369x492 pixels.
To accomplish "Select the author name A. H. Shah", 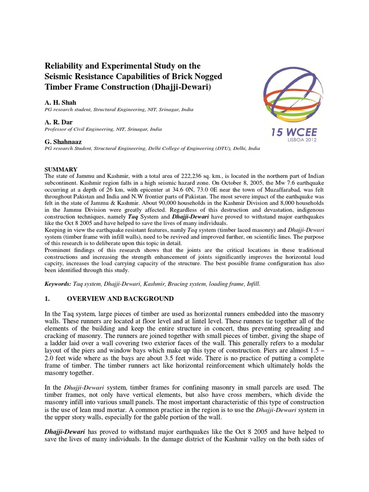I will point(60,102).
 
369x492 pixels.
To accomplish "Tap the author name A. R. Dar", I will point(59,122).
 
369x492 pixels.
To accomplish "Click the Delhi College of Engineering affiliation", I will point(192,149).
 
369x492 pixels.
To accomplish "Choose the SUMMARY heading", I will point(61,170).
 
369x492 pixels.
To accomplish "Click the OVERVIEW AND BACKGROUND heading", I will point(120,299).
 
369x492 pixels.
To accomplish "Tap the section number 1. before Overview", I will point(47,299).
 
